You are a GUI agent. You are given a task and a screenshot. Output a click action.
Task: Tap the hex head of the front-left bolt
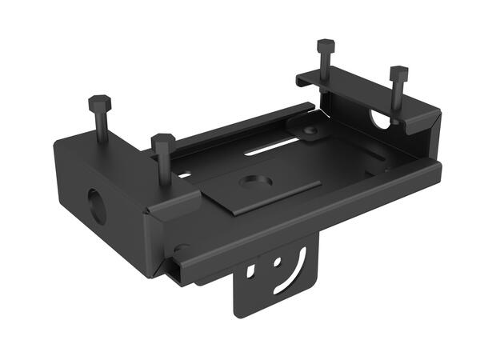pyautogui.click(x=163, y=141)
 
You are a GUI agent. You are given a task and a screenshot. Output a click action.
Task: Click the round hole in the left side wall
pyautogui.click(x=96, y=206)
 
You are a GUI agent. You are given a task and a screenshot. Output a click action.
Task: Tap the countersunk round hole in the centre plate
pyautogui.click(x=255, y=182)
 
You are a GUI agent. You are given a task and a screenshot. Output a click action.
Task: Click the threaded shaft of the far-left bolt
pyautogui.click(x=102, y=128)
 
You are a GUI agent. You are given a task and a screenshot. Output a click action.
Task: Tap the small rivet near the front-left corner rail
pyautogui.click(x=182, y=248)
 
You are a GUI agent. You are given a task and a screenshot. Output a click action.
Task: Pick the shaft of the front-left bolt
pyautogui.click(x=165, y=168)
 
